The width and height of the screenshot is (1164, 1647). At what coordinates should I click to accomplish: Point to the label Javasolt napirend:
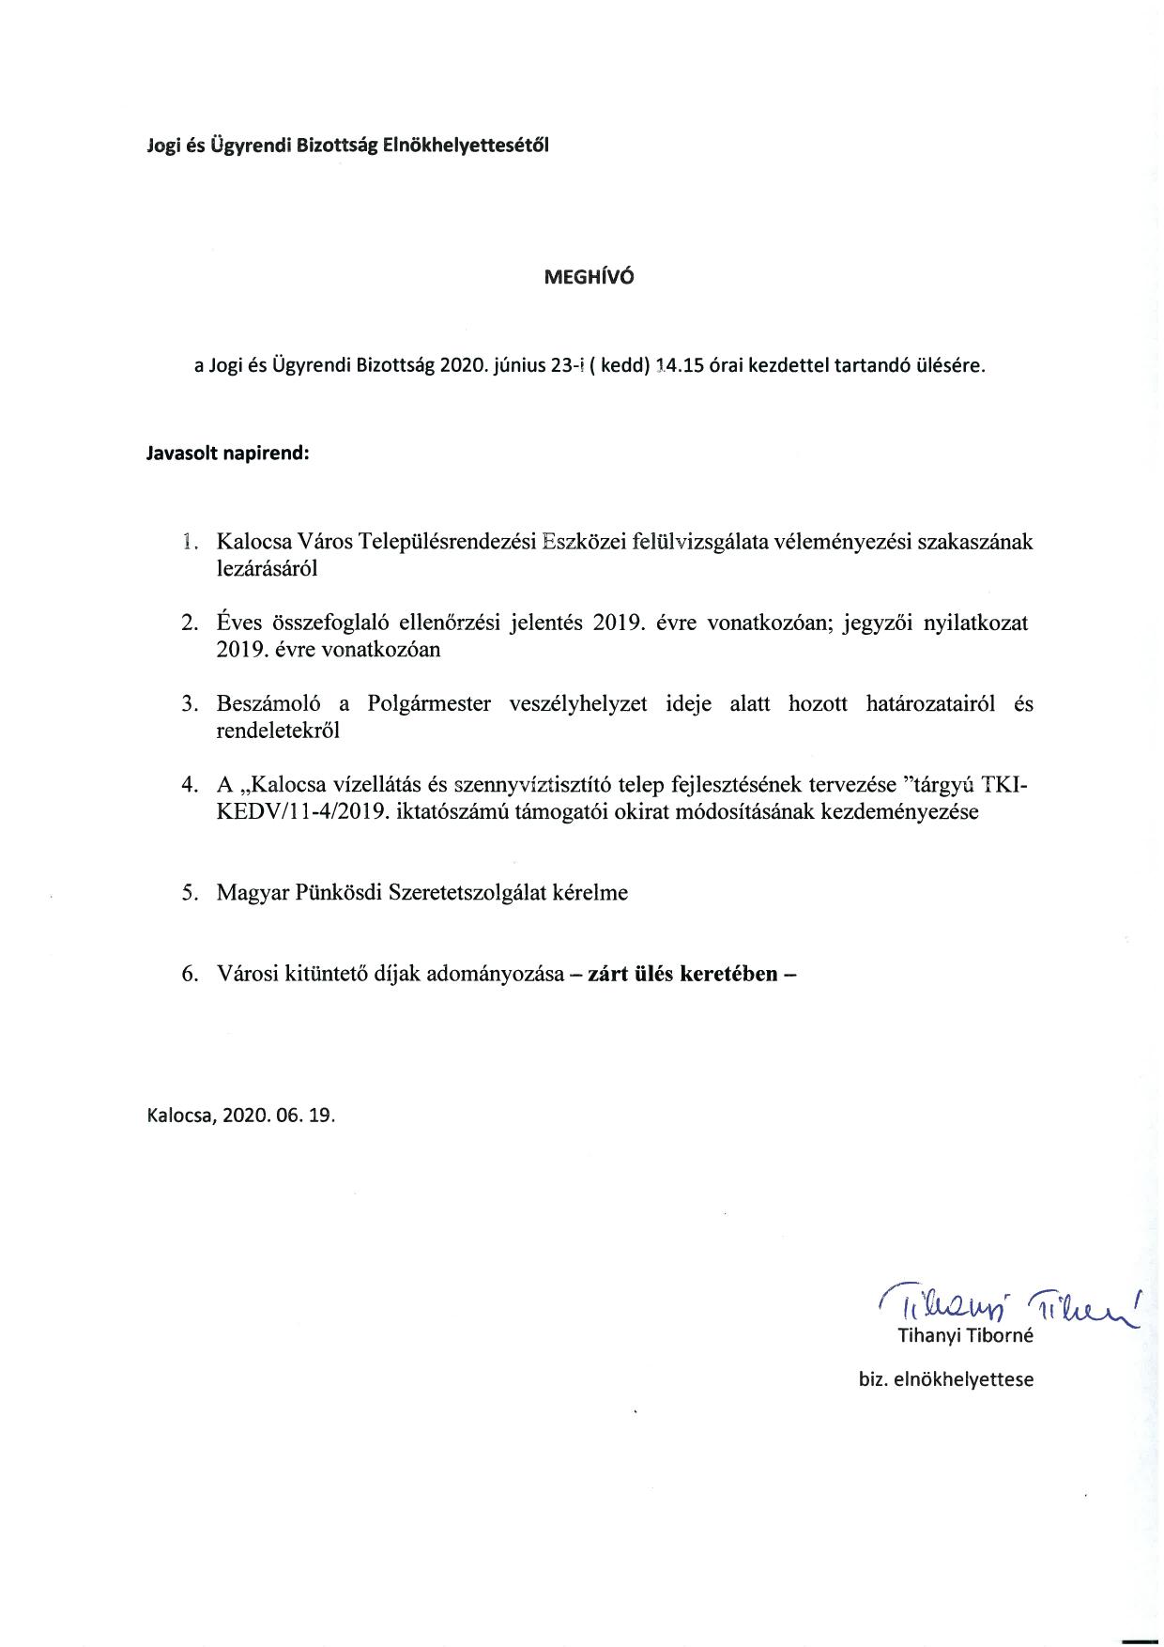coord(228,453)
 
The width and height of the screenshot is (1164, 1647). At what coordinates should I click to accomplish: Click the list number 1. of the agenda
coord(191,542)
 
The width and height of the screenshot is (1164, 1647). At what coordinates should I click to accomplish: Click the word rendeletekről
coord(278,730)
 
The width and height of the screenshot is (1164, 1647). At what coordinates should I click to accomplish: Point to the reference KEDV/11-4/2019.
coord(302,811)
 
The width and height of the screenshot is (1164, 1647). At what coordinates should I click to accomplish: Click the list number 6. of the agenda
coord(191,973)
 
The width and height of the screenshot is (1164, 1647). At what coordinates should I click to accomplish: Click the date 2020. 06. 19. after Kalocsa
coord(279,1116)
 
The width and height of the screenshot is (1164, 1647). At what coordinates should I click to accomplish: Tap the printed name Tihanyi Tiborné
coord(965,1335)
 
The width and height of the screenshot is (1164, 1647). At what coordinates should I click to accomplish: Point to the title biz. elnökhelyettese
coord(945,1379)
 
